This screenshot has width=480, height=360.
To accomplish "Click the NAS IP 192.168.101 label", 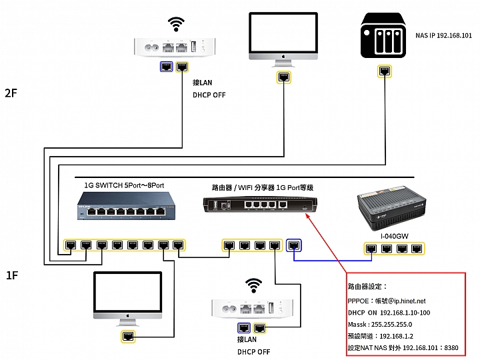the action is pyautogui.click(x=443, y=35).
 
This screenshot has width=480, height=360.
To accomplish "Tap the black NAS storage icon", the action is pyautogui.click(x=383, y=35).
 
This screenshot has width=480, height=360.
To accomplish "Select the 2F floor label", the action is pyautogui.click(x=11, y=93).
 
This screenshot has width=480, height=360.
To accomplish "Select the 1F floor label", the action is pyautogui.click(x=12, y=275).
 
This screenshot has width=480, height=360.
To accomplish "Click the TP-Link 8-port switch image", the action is pyautogui.click(x=126, y=205).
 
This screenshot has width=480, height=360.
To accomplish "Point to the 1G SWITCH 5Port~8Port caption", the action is pyautogui.click(x=124, y=185).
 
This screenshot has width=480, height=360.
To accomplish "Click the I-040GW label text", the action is pyautogui.click(x=394, y=236).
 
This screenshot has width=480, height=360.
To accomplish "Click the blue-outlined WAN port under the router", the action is pyautogui.click(x=294, y=245).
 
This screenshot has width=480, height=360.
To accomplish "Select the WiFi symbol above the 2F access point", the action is pyautogui.click(x=176, y=25).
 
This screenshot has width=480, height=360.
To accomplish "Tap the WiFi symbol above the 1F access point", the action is pyautogui.click(x=253, y=285).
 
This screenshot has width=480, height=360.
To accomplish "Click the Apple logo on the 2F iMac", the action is pyautogui.click(x=283, y=56).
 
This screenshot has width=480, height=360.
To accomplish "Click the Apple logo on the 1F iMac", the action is pyautogui.click(x=128, y=316).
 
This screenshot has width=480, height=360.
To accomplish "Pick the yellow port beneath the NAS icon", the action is pyautogui.click(x=385, y=71).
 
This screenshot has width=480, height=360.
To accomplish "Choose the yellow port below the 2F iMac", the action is pyautogui.click(x=284, y=77).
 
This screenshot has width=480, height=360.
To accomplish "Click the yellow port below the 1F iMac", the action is pyautogui.click(x=127, y=337).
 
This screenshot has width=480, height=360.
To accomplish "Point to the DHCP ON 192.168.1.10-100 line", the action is pyautogui.click(x=389, y=313).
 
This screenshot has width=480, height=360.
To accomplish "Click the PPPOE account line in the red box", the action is pyautogui.click(x=387, y=301).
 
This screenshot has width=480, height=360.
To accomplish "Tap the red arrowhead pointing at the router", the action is pyautogui.click(x=308, y=216).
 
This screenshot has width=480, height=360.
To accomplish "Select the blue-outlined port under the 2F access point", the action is pyautogui.click(x=167, y=67).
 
